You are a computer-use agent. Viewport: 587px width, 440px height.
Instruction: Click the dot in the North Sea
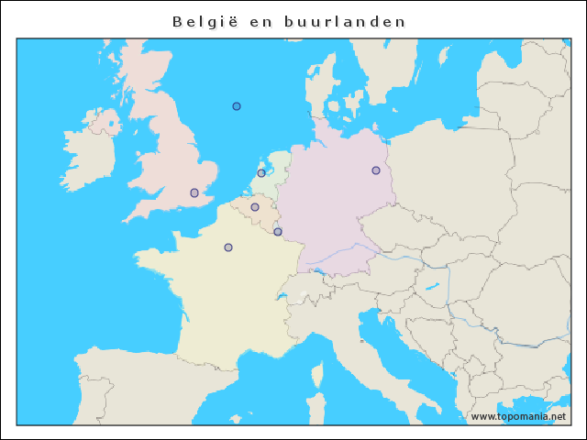coord(237,106)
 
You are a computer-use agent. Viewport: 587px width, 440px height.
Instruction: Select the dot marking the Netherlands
coord(261,172)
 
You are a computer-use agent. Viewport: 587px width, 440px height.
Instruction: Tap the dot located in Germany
coord(376,170)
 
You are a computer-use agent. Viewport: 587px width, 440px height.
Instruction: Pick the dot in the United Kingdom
coord(194,192)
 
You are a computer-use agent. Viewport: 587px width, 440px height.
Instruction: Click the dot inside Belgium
coord(255,207)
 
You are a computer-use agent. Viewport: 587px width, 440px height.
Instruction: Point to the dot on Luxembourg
coord(278,232)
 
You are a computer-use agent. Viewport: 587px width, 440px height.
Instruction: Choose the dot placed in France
coord(228,247)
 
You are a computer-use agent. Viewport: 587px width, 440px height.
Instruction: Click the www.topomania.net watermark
coord(517,417)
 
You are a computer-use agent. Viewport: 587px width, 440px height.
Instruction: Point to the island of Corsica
coord(317,376)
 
